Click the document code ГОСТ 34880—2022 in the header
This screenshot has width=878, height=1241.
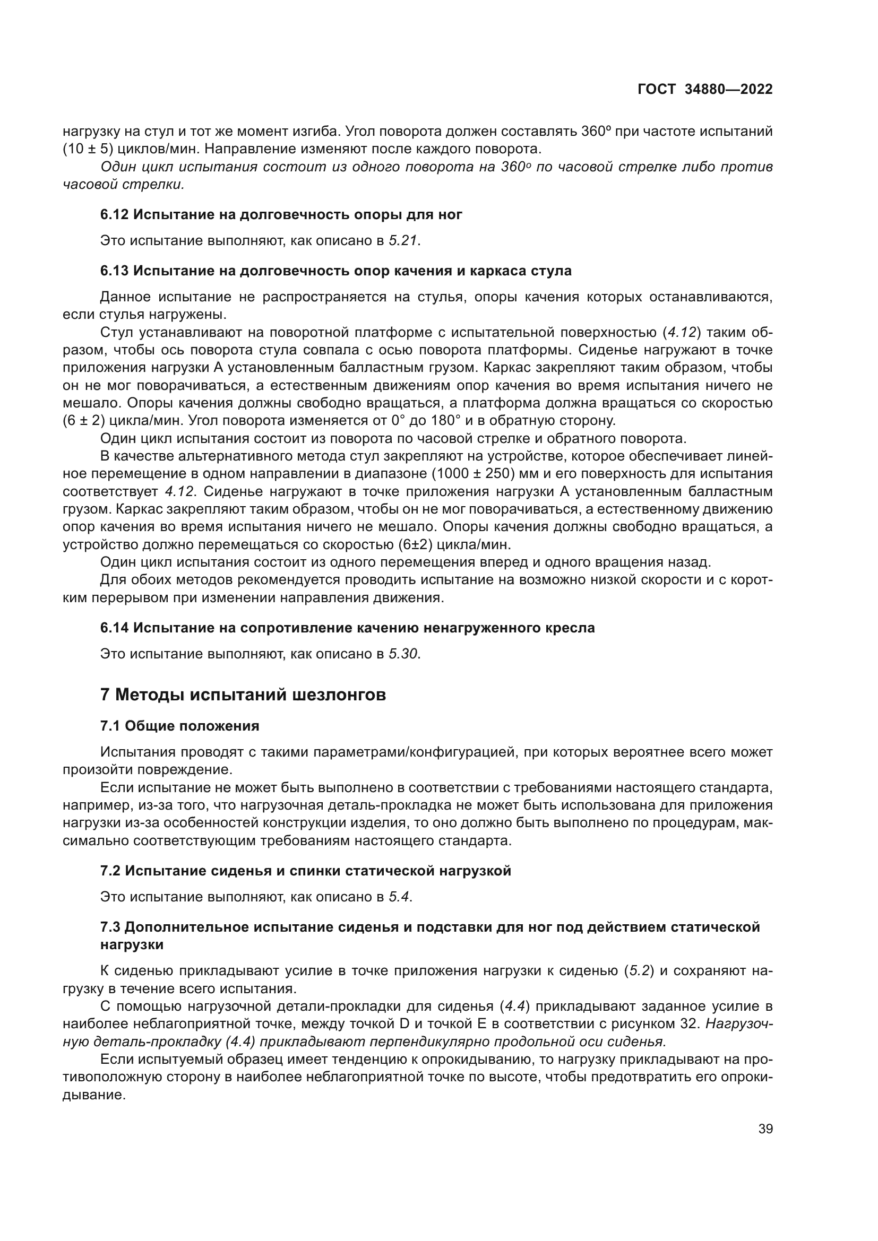705,90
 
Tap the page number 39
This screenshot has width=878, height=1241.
765,1129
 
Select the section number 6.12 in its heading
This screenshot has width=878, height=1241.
114,215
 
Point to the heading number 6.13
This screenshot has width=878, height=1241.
114,271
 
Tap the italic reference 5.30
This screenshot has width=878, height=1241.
403,654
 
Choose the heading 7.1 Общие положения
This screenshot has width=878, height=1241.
179,726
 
